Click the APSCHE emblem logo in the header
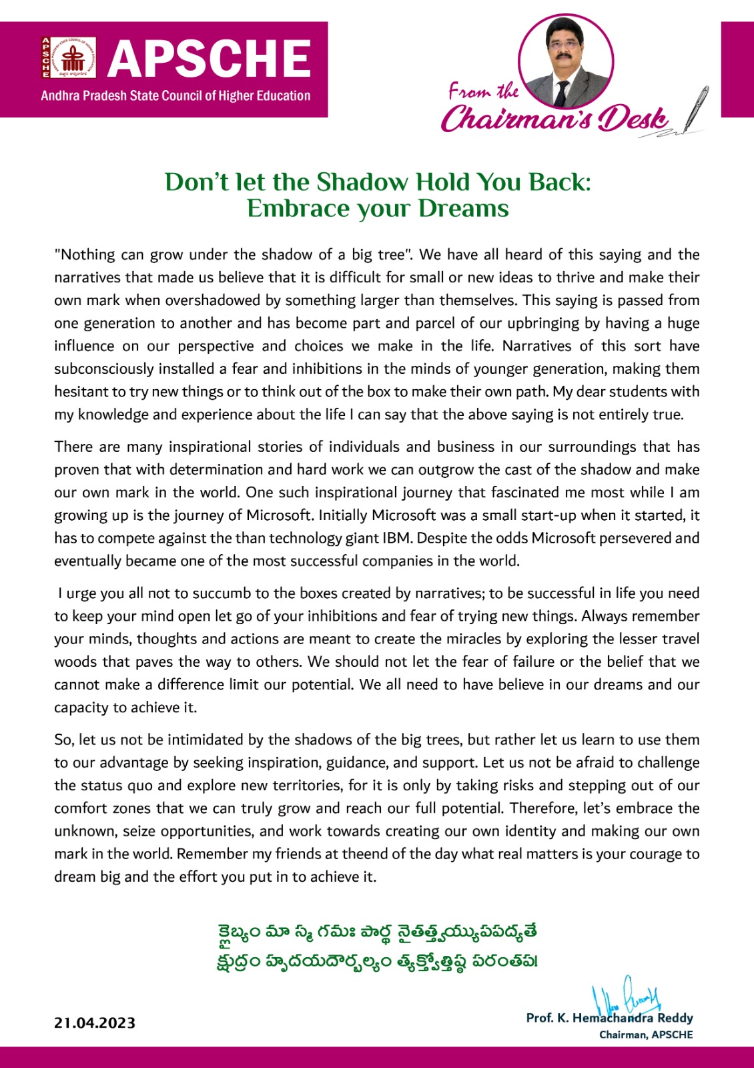click(x=69, y=58)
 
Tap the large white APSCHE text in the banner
click(x=210, y=59)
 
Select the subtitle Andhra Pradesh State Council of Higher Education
click(x=175, y=96)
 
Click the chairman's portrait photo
click(x=566, y=62)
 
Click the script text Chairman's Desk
click(x=554, y=119)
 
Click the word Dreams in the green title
click(x=463, y=209)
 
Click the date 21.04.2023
click(x=95, y=1023)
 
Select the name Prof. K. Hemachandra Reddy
click(x=609, y=1018)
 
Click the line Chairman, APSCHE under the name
click(x=646, y=1035)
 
